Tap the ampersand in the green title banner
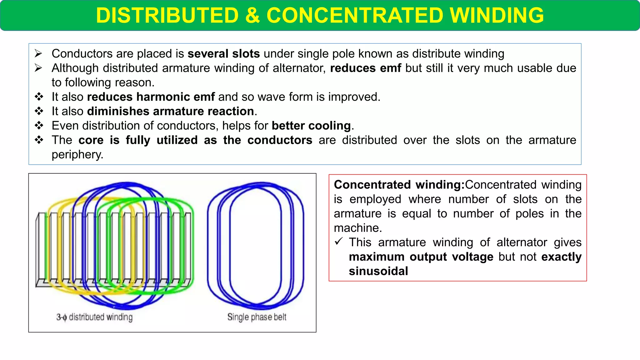click(252, 15)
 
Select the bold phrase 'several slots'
click(223, 54)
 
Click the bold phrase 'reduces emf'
click(365, 68)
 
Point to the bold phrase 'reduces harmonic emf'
click(151, 97)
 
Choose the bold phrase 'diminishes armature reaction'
click(171, 111)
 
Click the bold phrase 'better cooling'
click(311, 126)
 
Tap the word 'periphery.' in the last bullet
click(77, 154)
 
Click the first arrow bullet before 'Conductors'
click(38, 54)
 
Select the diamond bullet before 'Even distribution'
click(39, 126)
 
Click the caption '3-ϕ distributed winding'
click(94, 317)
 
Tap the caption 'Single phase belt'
click(257, 317)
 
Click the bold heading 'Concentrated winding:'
click(399, 185)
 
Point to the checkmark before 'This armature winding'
click(339, 242)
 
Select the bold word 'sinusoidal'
click(378, 271)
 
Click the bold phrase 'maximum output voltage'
click(421, 257)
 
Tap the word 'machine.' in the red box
click(358, 228)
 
